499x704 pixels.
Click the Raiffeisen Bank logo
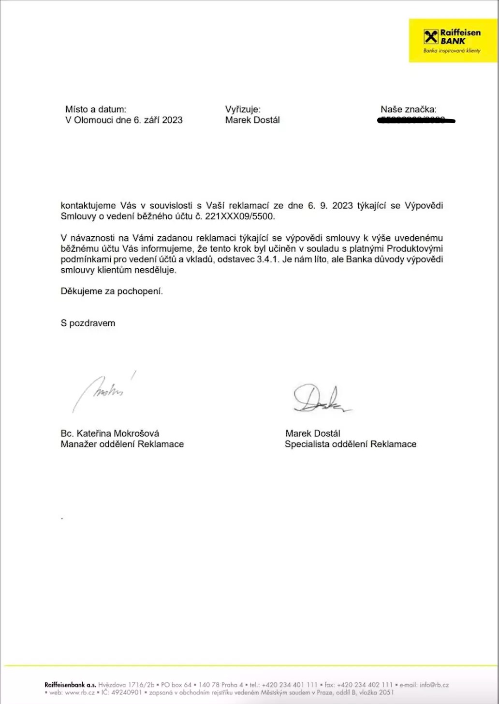tap(452, 41)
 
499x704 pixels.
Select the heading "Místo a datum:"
tap(96, 109)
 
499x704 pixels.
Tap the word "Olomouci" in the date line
tap(94, 120)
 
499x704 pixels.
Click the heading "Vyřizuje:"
tap(243, 109)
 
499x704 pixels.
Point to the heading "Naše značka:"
tap(408, 109)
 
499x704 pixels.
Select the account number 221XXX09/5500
tap(240, 216)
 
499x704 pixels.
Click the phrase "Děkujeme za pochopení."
tap(112, 291)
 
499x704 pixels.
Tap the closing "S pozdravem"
tap(88, 323)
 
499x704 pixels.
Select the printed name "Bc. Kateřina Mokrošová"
tap(110, 433)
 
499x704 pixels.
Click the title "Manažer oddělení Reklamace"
tap(122, 444)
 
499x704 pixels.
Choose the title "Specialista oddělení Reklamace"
tap(351, 444)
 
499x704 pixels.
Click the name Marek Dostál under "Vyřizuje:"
tap(252, 120)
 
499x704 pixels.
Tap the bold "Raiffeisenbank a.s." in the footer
tap(70, 685)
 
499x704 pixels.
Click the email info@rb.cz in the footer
tap(434, 685)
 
